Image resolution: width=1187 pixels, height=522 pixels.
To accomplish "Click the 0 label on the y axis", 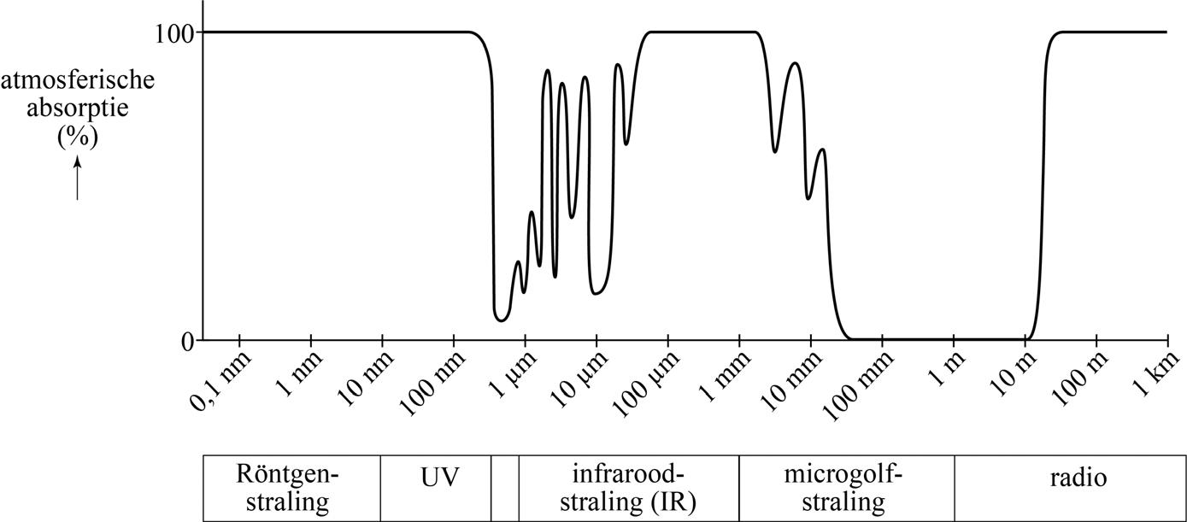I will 186,341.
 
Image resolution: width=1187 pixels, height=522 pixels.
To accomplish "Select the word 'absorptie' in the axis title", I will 77,109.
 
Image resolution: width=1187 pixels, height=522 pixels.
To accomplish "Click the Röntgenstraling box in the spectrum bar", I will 291,488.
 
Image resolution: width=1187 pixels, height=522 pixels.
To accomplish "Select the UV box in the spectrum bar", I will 436,488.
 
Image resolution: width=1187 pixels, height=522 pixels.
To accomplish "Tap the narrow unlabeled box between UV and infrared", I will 505,488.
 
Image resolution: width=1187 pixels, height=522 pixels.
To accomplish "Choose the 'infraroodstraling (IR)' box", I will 628,488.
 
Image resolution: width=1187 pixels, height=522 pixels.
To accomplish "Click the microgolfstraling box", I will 846,488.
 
